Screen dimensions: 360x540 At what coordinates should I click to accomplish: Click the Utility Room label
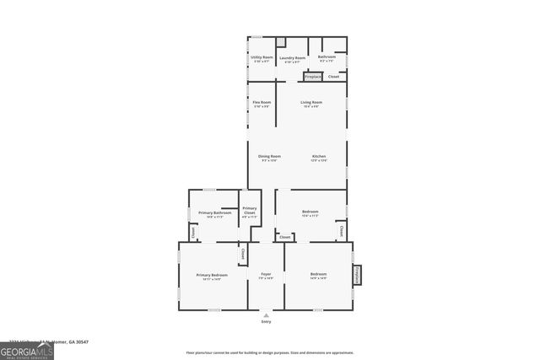pyautogui.click(x=262, y=57)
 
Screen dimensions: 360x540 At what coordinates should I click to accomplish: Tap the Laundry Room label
pyautogui.click(x=292, y=58)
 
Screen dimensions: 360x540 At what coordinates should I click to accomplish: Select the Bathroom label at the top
pyautogui.click(x=327, y=57)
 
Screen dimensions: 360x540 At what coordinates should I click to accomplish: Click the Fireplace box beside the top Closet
pyautogui.click(x=313, y=77)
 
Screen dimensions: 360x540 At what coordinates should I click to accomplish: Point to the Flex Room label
pyautogui.click(x=262, y=102)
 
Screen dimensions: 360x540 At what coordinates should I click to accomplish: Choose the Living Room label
pyautogui.click(x=311, y=102)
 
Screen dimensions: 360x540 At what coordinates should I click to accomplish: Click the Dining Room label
pyautogui.click(x=269, y=156)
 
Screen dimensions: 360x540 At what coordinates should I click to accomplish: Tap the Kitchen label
pyautogui.click(x=319, y=156)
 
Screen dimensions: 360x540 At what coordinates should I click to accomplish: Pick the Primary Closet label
pyautogui.click(x=250, y=211)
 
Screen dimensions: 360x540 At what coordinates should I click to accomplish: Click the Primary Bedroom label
pyautogui.click(x=212, y=275)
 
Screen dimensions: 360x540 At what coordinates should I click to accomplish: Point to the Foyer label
pyautogui.click(x=266, y=275)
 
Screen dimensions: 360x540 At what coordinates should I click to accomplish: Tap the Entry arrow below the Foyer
pyautogui.click(x=266, y=315)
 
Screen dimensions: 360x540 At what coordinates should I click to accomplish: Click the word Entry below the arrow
pyautogui.click(x=266, y=322)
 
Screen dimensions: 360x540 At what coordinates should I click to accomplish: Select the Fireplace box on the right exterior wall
pyautogui.click(x=358, y=275)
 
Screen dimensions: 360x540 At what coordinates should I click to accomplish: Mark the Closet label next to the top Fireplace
pyautogui.click(x=334, y=77)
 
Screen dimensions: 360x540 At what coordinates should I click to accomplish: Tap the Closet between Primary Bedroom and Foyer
pyautogui.click(x=243, y=253)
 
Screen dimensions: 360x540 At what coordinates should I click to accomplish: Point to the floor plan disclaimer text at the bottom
pyautogui.click(x=270, y=352)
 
